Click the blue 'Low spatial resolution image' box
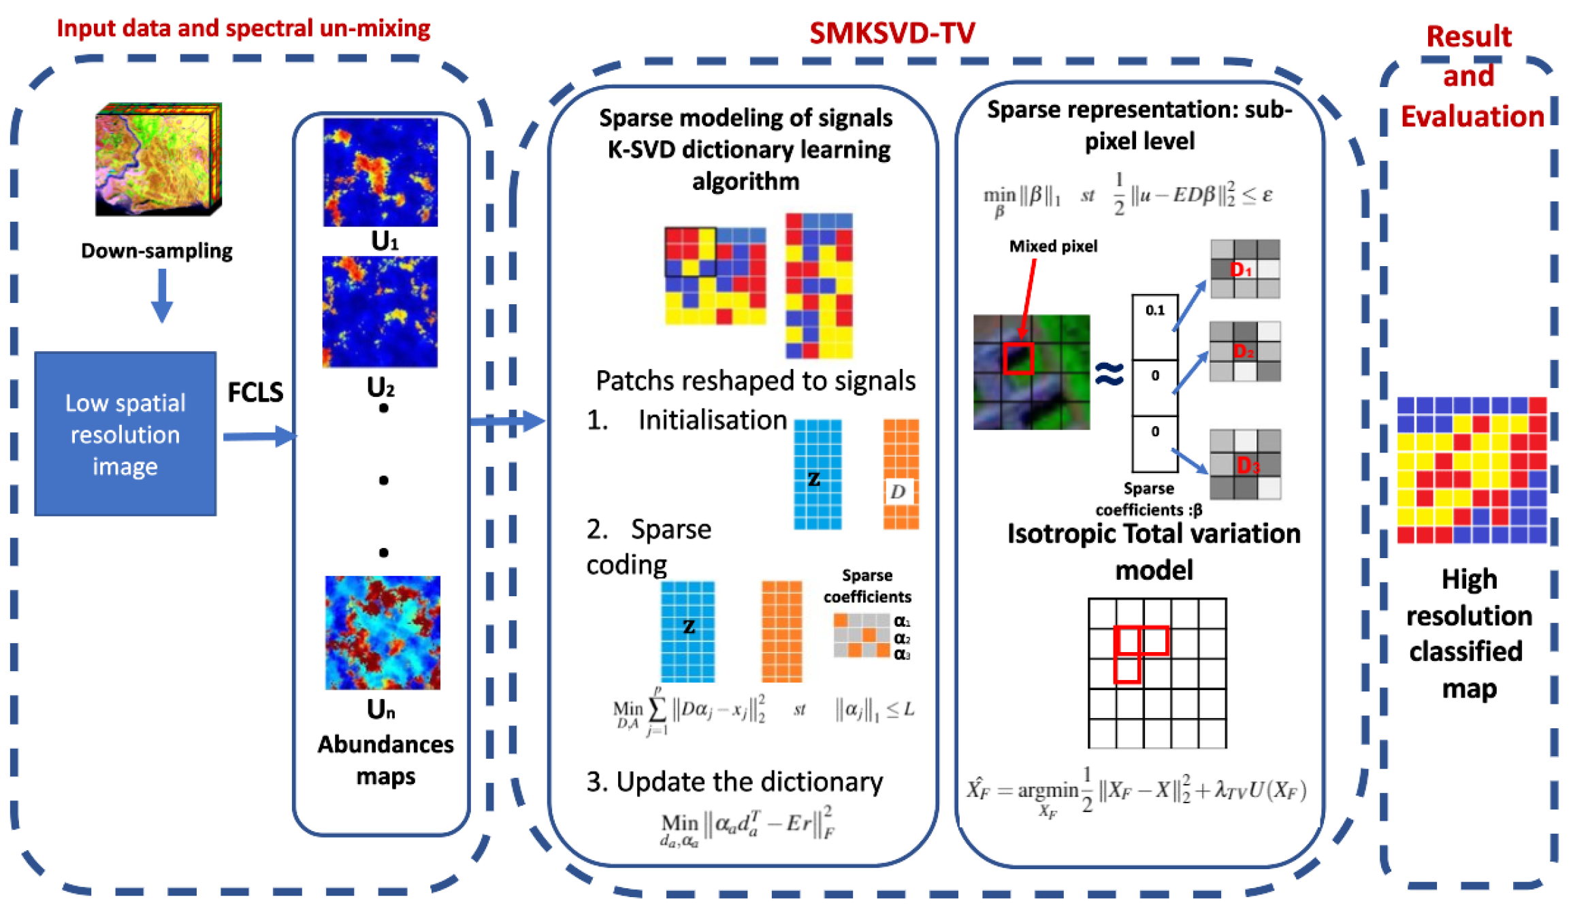pyautogui.click(x=125, y=434)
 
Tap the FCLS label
pyautogui.click(x=255, y=392)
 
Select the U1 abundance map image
pyautogui.click(x=380, y=172)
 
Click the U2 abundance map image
pyautogui.click(x=380, y=312)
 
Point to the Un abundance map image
pyautogui.click(x=383, y=632)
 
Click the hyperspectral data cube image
pyautogui.click(x=158, y=159)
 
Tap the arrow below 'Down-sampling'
pyautogui.click(x=161, y=295)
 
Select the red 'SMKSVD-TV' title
pyautogui.click(x=892, y=33)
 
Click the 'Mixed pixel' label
pyautogui.click(x=1052, y=246)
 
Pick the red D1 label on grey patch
pyautogui.click(x=1241, y=270)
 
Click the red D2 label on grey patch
pyautogui.click(x=1244, y=351)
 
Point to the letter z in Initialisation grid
pyautogui.click(x=814, y=479)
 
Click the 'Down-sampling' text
pyautogui.click(x=157, y=251)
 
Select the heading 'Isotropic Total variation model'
pyautogui.click(x=1154, y=551)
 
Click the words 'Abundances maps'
pyautogui.click(x=385, y=760)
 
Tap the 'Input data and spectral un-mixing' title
pyautogui.click(x=243, y=29)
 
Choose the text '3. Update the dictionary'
pyautogui.click(x=734, y=782)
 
